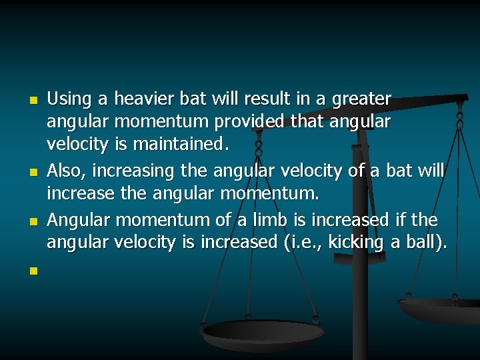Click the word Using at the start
coord(69,100)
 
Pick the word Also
coord(65,171)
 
